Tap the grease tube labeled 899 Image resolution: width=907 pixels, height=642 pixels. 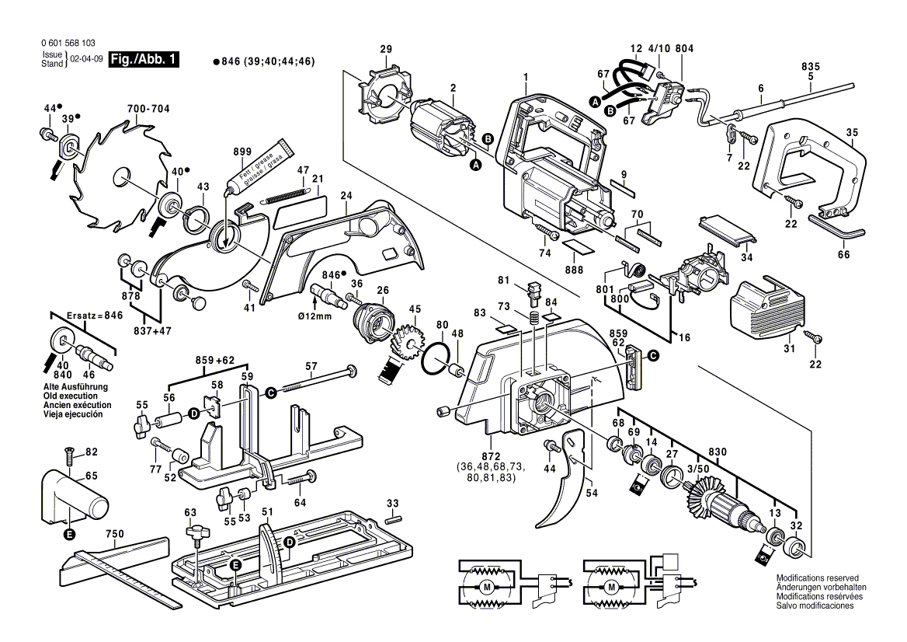pyautogui.click(x=259, y=165)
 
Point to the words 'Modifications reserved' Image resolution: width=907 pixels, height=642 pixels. pyautogui.click(x=818, y=579)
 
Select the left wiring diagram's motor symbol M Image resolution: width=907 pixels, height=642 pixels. pyautogui.click(x=487, y=585)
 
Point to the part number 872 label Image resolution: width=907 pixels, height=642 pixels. pyautogui.click(x=491, y=455)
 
